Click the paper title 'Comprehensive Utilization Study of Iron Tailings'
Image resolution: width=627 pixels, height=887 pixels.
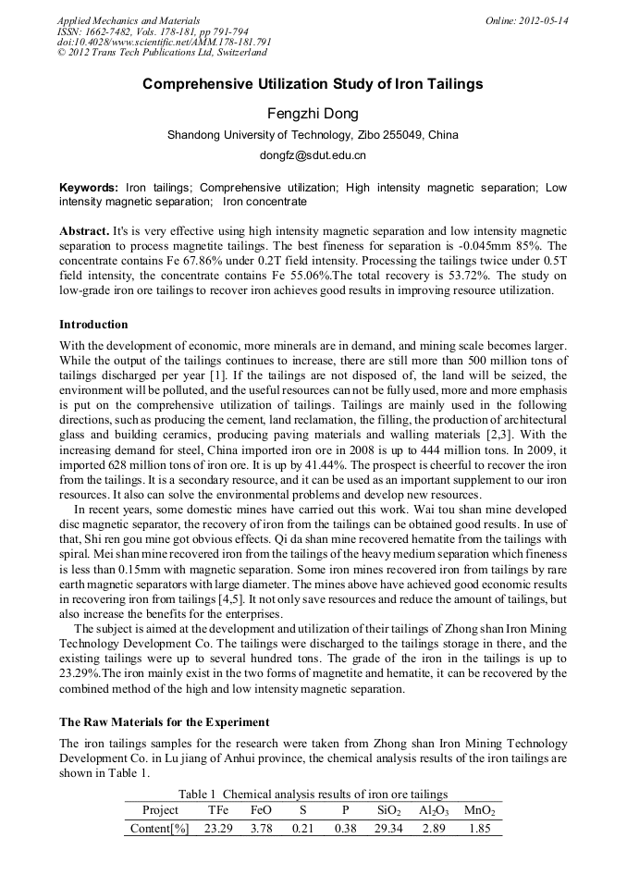tap(313, 84)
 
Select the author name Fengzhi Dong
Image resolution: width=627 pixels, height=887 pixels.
tap(313, 114)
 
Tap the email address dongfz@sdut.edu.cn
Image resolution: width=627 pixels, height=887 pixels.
tap(313, 155)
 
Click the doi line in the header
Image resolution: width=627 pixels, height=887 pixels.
tap(164, 43)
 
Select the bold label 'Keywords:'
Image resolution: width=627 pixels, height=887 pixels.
tap(89, 188)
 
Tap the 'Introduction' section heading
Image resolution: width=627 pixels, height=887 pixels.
tap(93, 325)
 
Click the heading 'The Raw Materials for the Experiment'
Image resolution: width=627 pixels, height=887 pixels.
tap(164, 721)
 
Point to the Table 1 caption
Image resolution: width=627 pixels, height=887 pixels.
tap(313, 794)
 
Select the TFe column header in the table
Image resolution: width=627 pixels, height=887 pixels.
tap(218, 810)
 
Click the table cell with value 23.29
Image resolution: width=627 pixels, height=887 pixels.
tap(219, 829)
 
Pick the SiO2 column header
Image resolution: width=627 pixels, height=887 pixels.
tap(388, 810)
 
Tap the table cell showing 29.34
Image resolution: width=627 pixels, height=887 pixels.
tap(388, 829)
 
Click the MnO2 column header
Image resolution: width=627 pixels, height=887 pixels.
tap(480, 810)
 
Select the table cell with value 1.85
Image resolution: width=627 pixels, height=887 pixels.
tap(479, 829)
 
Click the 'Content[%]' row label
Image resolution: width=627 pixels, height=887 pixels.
tap(160, 829)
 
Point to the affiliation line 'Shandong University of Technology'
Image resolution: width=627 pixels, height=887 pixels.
tap(313, 135)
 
